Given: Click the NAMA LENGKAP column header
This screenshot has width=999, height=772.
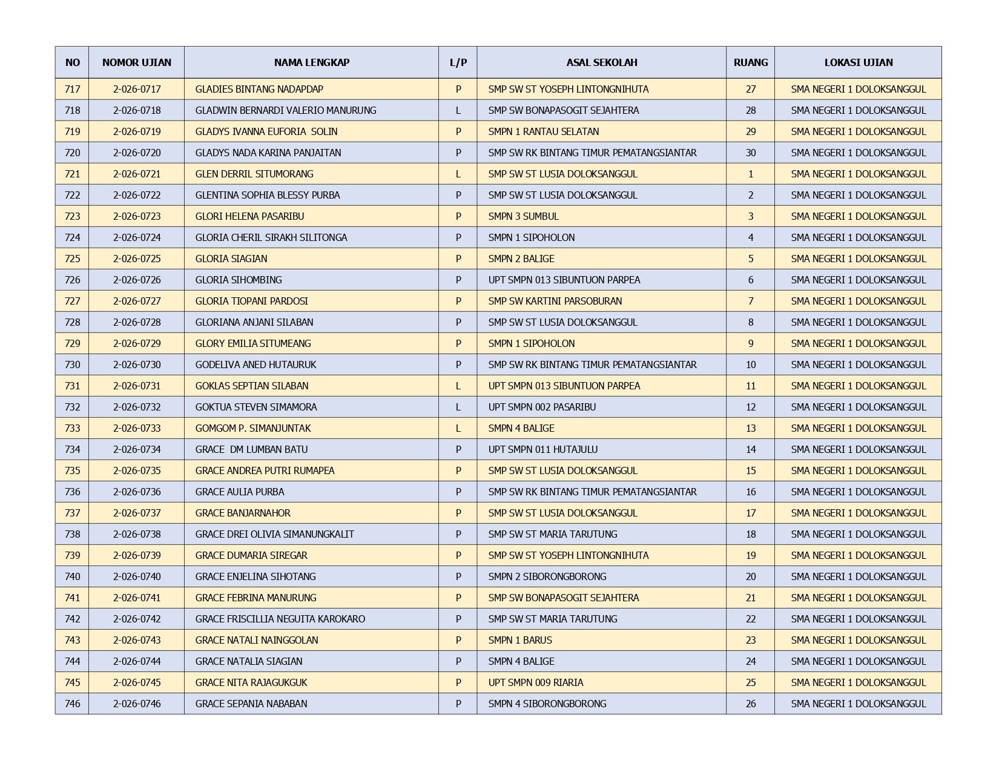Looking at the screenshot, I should pos(311,62).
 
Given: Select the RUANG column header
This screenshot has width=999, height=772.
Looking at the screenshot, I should pos(750,62).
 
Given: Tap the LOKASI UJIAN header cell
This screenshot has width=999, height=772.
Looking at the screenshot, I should pos(858,62).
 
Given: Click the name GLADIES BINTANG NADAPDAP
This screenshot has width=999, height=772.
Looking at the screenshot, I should pos(259,89).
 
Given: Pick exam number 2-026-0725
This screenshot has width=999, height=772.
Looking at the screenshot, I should pos(137,259).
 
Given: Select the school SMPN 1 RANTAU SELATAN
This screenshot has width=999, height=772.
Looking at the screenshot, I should pos(543,131).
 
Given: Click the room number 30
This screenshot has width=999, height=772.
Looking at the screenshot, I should pos(751,153).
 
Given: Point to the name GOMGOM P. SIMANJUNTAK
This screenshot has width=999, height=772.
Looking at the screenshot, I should pos(253,428).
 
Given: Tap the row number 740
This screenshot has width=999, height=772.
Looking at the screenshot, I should pos(72,576).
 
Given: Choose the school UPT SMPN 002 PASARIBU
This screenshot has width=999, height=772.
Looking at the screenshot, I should pos(542,407).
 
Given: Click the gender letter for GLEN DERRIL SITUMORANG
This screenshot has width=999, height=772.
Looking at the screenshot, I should pos(458,174).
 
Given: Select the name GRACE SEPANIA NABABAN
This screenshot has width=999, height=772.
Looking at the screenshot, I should pos(251,704).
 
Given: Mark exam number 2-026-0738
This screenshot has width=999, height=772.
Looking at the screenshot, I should pos(137,534).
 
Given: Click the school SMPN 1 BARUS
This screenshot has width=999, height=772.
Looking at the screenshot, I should pos(520,640).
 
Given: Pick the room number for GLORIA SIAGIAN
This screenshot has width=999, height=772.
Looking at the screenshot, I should pos(751,259).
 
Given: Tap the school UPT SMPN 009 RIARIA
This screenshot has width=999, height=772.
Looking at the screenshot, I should pos(536,682).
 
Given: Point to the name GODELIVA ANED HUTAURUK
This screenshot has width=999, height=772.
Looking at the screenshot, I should pos(256,365).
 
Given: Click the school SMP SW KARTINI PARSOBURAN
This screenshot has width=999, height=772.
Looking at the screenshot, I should pos(555,301).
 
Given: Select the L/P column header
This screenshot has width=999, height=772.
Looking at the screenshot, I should pos(458,62).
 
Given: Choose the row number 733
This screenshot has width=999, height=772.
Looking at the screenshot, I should pos(72,428).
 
